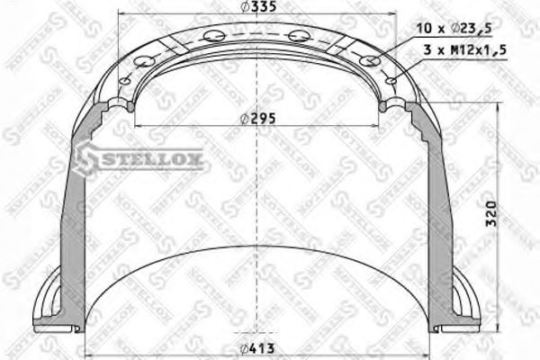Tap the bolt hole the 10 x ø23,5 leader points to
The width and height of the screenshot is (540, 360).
[x=367, y=61]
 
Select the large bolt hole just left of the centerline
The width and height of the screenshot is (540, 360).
[x=214, y=36]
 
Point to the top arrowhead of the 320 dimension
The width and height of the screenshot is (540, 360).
[x=498, y=109]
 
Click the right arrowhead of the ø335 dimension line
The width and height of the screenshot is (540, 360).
[x=392, y=15]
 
